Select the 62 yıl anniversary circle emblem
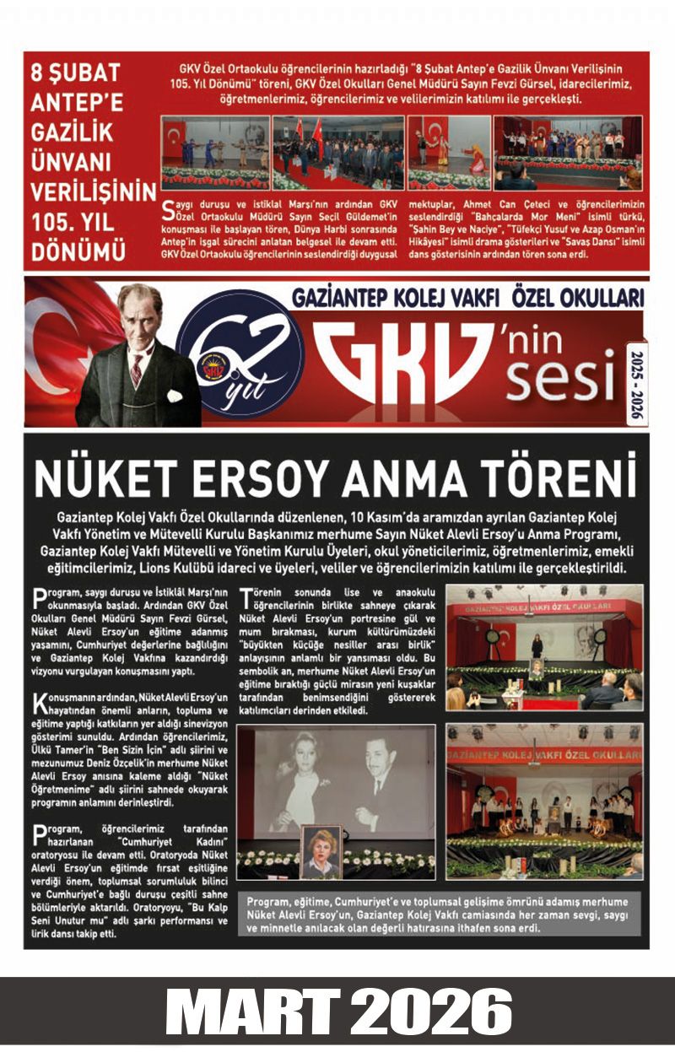coord(241,353)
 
